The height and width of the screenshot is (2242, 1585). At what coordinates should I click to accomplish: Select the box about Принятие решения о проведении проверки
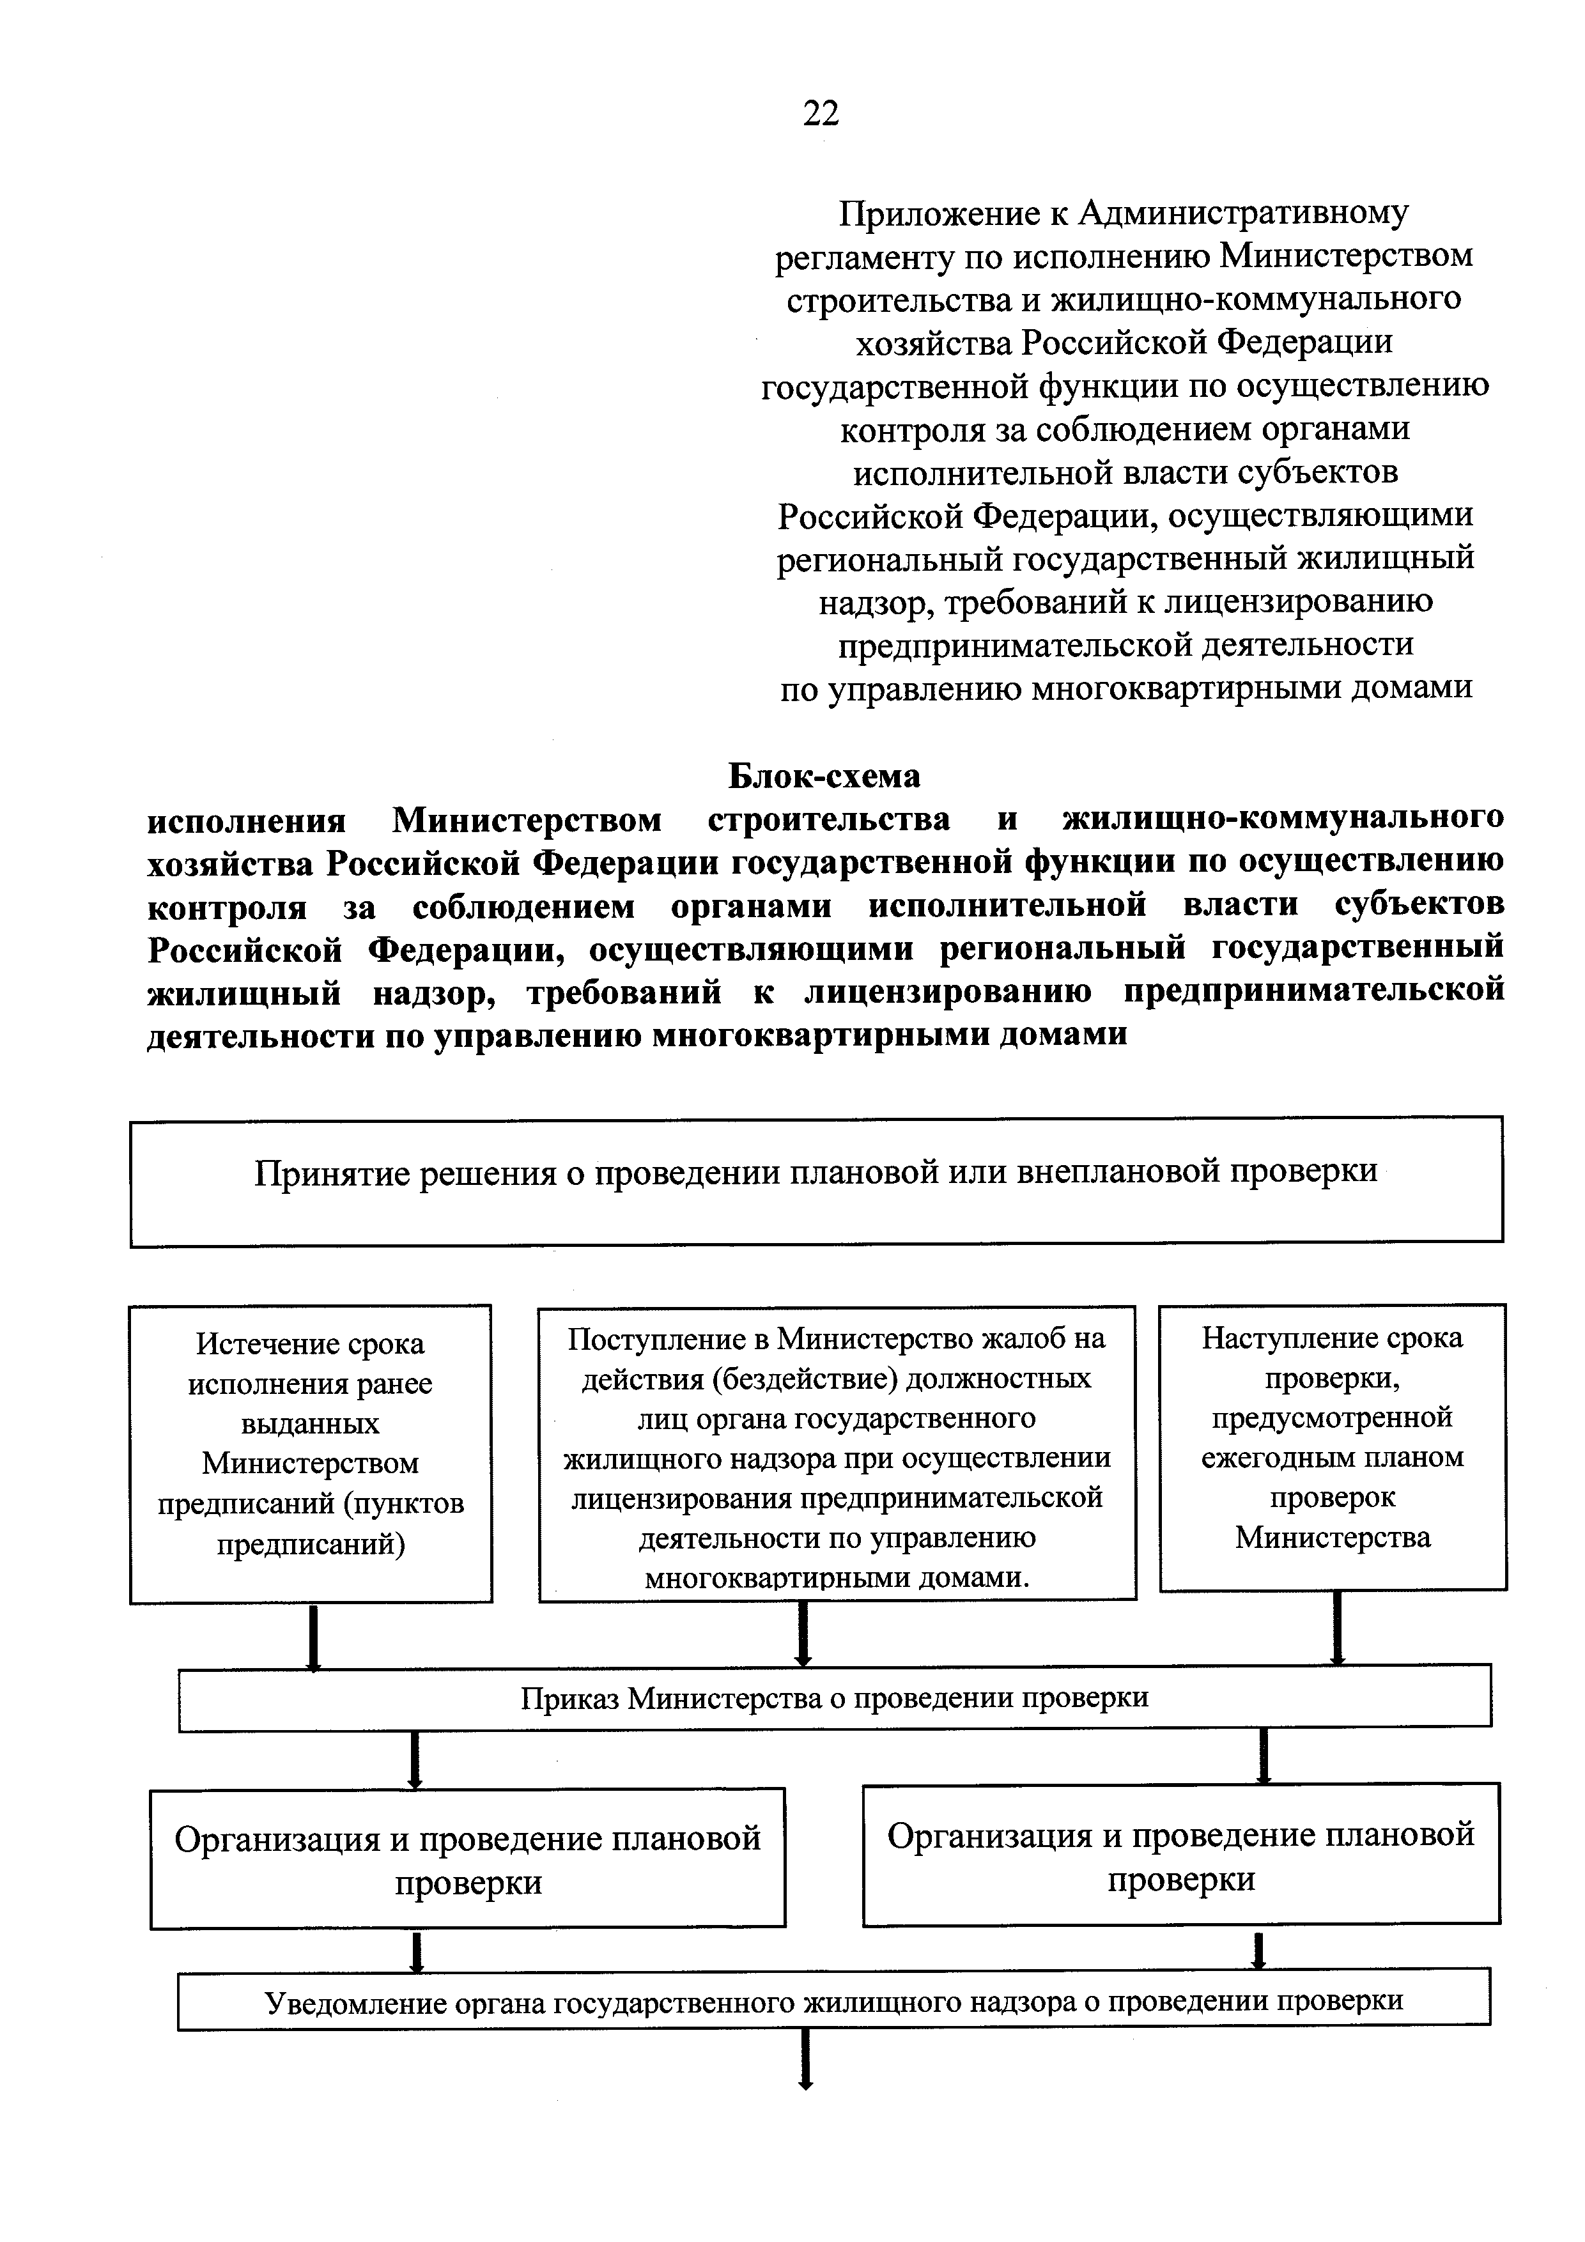click(816, 1180)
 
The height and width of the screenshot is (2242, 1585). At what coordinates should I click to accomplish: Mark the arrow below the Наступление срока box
click(1338, 1628)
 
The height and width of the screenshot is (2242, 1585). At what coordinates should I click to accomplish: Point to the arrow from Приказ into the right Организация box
click(1265, 1756)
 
